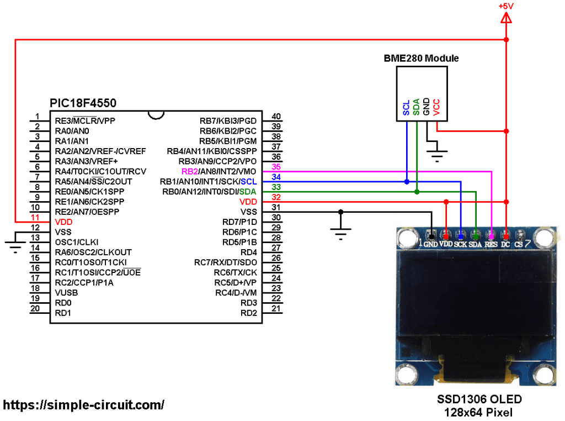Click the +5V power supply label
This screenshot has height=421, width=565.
click(x=505, y=6)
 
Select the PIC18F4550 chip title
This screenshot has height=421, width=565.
click(x=83, y=103)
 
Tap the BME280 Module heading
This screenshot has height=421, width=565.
click(x=421, y=58)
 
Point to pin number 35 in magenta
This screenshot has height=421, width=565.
click(x=276, y=167)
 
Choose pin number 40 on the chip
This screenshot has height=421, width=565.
click(x=276, y=117)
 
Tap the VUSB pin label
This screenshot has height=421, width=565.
click(x=66, y=292)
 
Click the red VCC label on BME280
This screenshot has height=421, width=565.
click(x=436, y=107)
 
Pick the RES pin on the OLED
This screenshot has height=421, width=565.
click(x=491, y=244)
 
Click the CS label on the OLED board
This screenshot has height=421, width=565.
click(x=519, y=244)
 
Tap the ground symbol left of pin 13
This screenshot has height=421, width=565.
click(x=15, y=245)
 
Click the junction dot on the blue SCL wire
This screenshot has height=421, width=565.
click(x=407, y=181)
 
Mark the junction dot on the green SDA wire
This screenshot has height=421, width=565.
click(x=417, y=192)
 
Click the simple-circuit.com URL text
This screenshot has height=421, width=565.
click(x=84, y=405)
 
